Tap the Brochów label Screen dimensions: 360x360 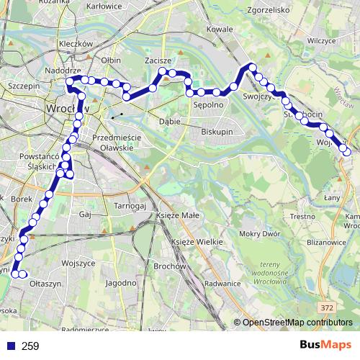point(166,267)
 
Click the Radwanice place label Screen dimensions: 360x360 point(221,284)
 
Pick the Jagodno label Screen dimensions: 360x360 point(120,284)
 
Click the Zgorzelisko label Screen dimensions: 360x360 point(266,11)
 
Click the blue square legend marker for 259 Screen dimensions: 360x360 point(9,346)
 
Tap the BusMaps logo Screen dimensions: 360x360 point(325,346)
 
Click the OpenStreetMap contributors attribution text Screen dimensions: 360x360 point(297,322)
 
